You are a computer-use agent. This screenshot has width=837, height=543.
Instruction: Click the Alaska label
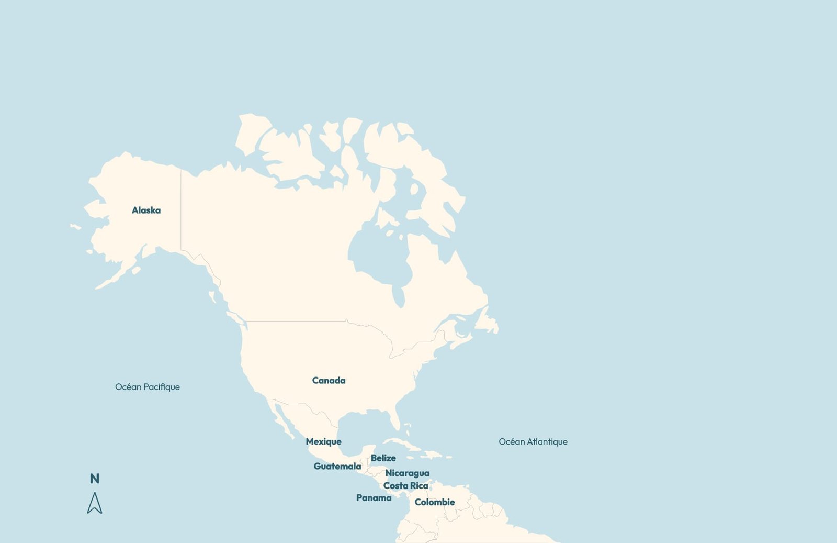click(x=146, y=210)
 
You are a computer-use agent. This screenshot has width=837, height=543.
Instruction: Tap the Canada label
click(x=329, y=381)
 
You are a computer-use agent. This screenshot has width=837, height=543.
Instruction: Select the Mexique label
click(x=323, y=442)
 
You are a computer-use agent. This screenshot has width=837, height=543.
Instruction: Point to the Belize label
click(x=383, y=458)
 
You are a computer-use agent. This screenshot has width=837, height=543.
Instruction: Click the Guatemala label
click(x=337, y=467)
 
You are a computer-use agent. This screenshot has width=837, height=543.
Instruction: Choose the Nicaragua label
click(x=407, y=473)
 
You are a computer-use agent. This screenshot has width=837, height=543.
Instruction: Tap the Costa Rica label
click(x=405, y=486)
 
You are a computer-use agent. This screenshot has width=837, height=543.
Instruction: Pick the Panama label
click(x=374, y=498)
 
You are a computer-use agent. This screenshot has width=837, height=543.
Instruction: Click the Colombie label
click(x=434, y=502)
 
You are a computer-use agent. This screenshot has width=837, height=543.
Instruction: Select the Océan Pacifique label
click(x=147, y=387)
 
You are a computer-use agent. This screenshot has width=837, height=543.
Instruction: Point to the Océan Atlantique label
click(x=533, y=442)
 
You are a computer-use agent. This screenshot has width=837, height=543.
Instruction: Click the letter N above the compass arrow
click(x=95, y=479)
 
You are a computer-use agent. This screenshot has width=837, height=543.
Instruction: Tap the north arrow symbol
click(x=95, y=503)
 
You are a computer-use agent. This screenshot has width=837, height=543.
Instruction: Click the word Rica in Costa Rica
click(x=418, y=486)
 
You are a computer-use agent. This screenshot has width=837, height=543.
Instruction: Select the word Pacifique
click(x=162, y=387)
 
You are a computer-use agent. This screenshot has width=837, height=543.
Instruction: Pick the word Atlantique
click(x=547, y=442)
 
